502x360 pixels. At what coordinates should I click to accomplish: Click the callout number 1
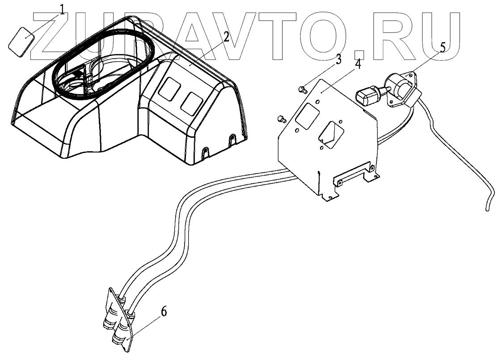pos(62,9)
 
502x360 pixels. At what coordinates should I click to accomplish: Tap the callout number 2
pos(226,37)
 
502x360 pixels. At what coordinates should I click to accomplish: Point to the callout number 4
pos(358,64)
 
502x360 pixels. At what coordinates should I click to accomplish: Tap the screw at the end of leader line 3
pos(302,90)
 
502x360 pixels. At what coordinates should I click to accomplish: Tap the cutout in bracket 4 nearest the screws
pos(304,115)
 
